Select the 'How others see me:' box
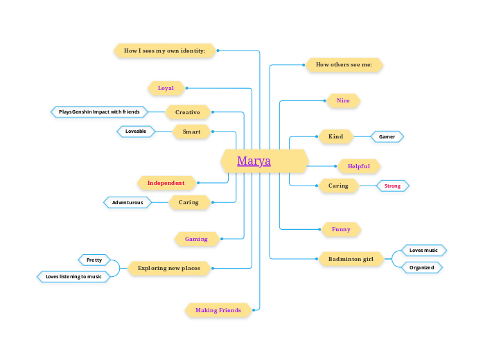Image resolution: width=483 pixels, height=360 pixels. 344,64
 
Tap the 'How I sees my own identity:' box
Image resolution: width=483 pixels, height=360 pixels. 165,51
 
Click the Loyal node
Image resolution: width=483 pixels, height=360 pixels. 166,88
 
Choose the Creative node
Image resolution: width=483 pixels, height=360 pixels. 188,112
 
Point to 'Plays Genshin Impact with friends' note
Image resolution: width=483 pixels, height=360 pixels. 99,111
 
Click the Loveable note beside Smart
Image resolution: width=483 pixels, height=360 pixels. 136,131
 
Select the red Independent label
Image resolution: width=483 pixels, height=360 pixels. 166,183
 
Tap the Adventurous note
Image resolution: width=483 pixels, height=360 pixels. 128,202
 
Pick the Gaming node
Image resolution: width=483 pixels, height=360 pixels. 196,239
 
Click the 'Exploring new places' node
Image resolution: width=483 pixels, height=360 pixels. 169,268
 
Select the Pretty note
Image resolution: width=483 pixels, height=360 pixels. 94,260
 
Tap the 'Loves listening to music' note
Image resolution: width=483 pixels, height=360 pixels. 73,276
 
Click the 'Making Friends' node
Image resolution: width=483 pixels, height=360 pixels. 218,310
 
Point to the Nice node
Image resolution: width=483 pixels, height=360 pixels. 343,100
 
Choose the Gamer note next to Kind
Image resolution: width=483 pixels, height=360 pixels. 387,136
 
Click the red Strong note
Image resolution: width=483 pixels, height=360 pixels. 392,186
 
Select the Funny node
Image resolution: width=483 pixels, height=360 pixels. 341,229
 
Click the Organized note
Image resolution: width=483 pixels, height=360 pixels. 421,267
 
